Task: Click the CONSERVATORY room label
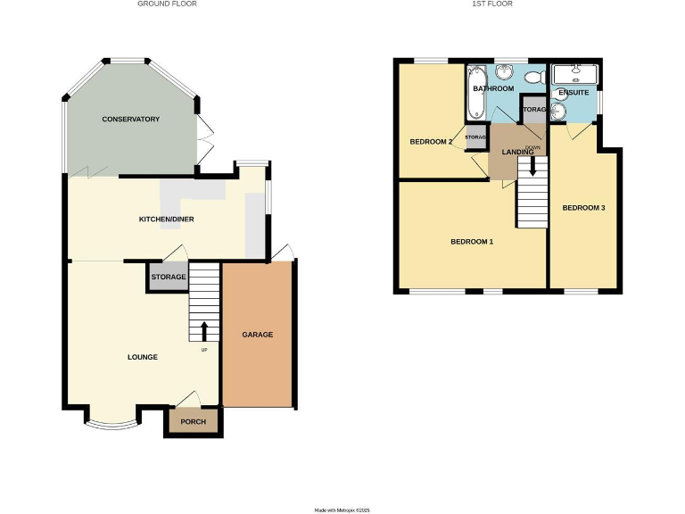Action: click(130, 119)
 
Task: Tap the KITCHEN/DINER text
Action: click(166, 219)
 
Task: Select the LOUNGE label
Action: click(143, 357)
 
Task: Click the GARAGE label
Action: click(257, 335)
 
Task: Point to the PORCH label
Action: click(193, 422)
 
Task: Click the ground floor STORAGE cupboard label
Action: click(168, 278)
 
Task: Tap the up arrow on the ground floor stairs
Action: click(204, 330)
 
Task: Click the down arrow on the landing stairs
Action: click(532, 166)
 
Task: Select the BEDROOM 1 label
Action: click(472, 242)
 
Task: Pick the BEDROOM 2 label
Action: click(432, 142)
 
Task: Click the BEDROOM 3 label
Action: click(583, 208)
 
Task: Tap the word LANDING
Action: click(517, 152)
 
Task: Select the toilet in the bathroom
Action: click(536, 77)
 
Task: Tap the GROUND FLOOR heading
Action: click(167, 4)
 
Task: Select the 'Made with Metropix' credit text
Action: click(342, 510)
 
